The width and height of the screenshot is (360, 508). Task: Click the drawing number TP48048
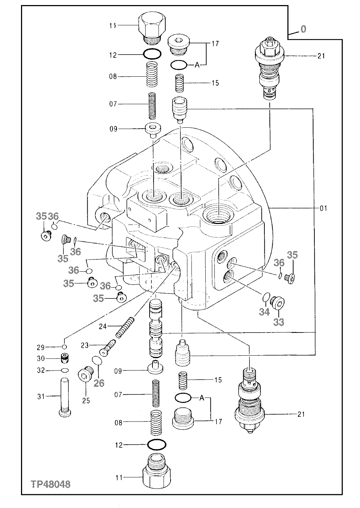pos(51,484)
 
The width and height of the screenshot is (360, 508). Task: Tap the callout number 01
pos(323,208)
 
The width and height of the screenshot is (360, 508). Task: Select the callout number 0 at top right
pos(303,29)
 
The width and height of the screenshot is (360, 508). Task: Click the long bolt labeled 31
pos(63,397)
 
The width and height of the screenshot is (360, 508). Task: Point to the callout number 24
pos(103,327)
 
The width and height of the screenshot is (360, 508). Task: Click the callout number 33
pos(279,322)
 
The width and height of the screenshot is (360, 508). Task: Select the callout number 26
pos(99,383)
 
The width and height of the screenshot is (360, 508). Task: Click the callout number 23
pos(85,346)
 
